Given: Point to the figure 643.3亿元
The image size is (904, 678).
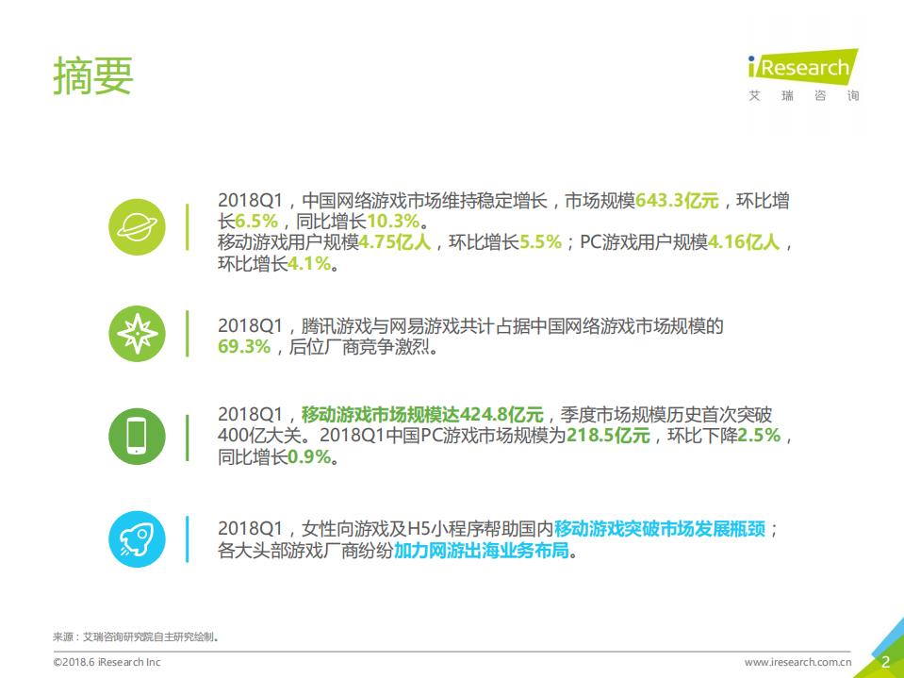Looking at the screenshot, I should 677,202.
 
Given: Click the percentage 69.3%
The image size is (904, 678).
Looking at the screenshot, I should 244,347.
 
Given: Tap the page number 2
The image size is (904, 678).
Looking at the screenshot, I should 885,662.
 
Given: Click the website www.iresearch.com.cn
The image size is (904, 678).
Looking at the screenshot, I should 798,662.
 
